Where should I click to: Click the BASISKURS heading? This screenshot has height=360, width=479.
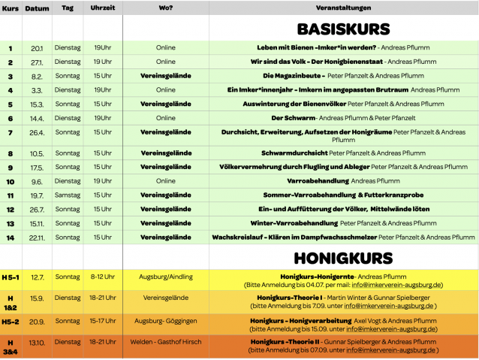343,29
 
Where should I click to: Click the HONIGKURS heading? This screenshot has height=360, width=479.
343,258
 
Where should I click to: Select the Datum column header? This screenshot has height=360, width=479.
37,8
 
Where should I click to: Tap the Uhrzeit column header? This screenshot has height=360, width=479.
102,8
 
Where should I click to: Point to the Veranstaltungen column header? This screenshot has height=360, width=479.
343,8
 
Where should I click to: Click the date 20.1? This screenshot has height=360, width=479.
37,48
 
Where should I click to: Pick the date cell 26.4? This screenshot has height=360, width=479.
37,132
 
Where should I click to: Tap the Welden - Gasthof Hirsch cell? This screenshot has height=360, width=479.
165,342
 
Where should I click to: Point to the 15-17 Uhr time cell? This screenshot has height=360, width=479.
102,321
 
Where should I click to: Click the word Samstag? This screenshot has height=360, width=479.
68,195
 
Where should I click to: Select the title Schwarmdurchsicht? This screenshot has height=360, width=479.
294,153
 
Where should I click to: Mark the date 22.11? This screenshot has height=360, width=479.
37,237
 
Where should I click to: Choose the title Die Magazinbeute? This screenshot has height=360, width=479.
294,76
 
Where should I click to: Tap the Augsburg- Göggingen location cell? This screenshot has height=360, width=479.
165,321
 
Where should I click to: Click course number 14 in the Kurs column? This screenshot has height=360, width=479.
11,237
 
